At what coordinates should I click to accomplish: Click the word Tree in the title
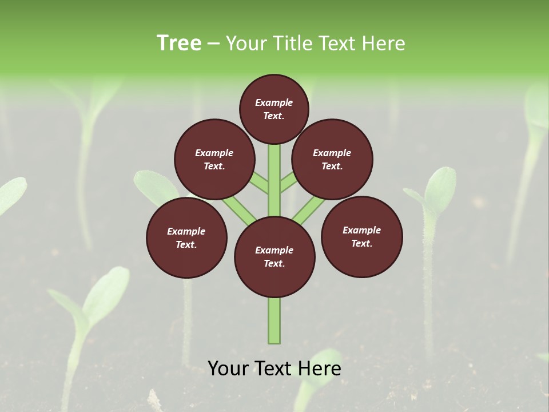tap(179, 43)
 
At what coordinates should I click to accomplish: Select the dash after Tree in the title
tap(213, 44)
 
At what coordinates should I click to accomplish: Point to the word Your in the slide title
tap(245, 43)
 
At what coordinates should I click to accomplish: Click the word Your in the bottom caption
tap(229, 369)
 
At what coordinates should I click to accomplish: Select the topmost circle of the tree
tap(274, 109)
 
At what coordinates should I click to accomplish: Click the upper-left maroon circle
tap(214, 159)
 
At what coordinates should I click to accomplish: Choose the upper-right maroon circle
tap(332, 159)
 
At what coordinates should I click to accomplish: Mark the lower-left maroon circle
tap(186, 237)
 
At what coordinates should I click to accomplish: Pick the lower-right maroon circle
tap(362, 236)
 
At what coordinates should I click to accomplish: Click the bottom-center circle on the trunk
tap(274, 256)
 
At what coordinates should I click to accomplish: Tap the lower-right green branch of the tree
tap(309, 209)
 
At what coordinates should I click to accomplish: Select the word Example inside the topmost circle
tap(274, 102)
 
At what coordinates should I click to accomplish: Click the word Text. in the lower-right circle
tap(362, 243)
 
